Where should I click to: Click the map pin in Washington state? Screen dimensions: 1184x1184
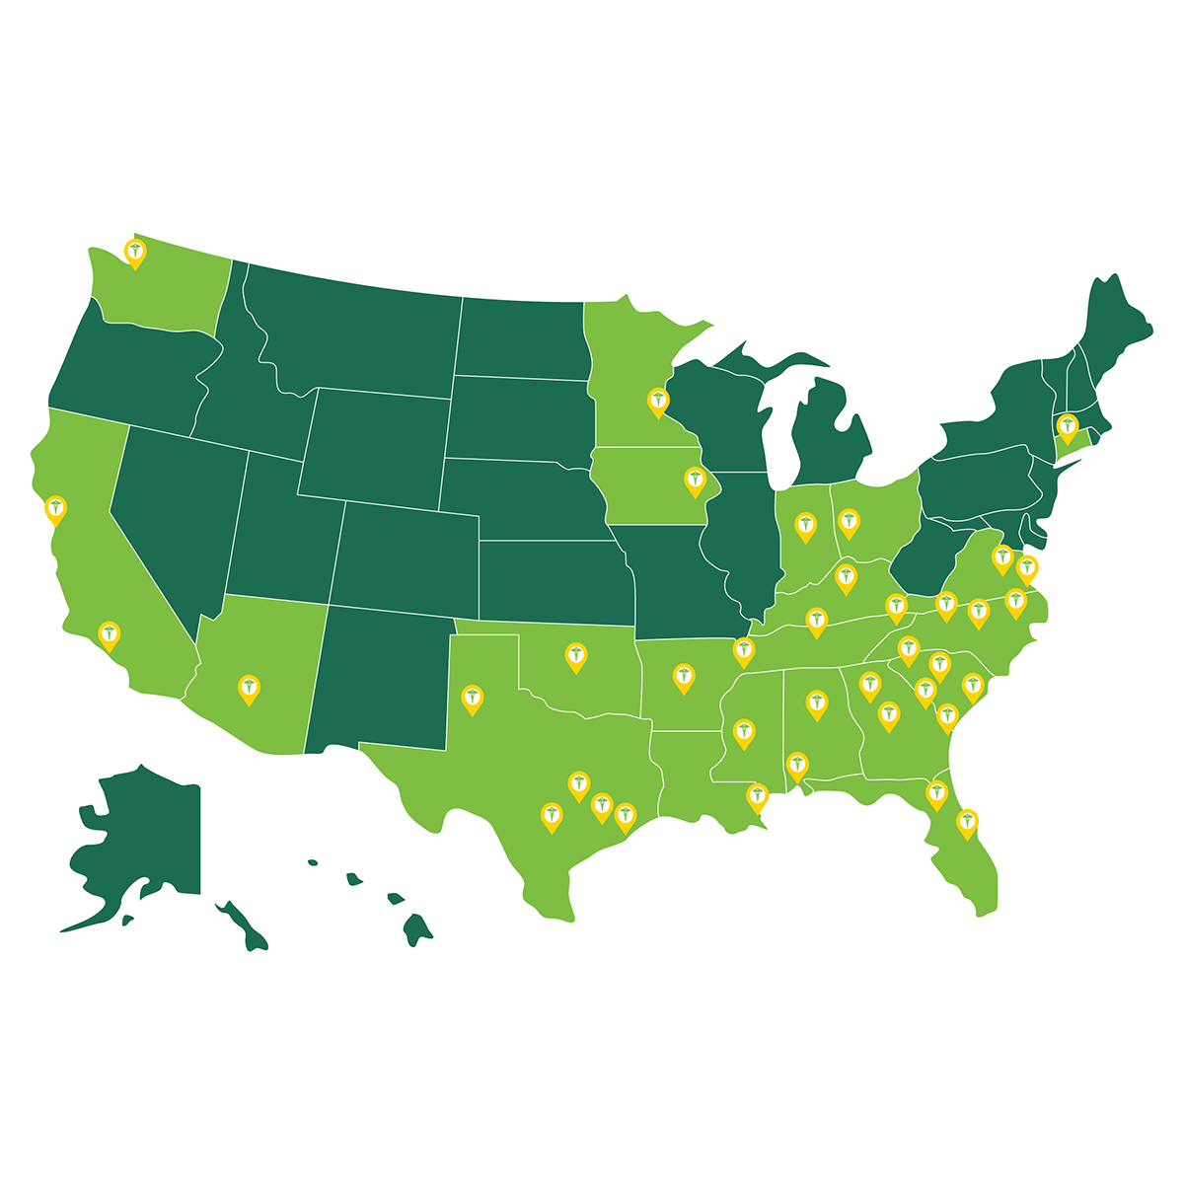(x=135, y=253)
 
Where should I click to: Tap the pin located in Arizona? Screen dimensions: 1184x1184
(x=250, y=688)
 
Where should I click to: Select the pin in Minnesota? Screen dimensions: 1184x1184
(x=658, y=401)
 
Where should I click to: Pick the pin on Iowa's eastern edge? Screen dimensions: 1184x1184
(x=695, y=480)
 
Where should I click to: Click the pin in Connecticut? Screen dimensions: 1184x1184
(x=1067, y=427)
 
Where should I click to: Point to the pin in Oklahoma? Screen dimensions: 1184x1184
(x=576, y=656)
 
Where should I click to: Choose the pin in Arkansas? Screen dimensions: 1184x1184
(x=683, y=677)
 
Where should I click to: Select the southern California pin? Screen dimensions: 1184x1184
(x=110, y=634)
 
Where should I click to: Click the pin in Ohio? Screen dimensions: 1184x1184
(x=849, y=521)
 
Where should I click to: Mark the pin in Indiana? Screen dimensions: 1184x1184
(x=806, y=526)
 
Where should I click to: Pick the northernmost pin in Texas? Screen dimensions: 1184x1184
(x=474, y=698)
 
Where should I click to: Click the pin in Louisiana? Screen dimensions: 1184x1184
(x=757, y=795)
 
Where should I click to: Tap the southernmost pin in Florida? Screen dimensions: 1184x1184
(x=968, y=821)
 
